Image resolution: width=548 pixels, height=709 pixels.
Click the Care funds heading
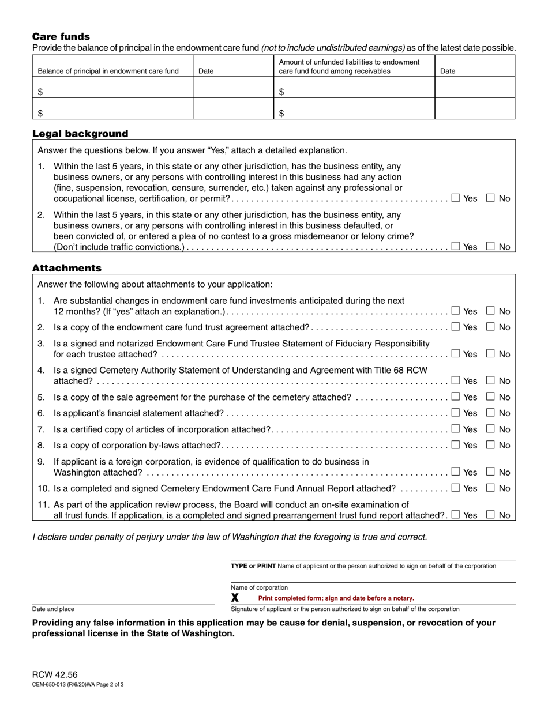[61, 36]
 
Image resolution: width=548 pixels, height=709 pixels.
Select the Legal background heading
[80, 134]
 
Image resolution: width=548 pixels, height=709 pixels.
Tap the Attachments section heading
[67, 268]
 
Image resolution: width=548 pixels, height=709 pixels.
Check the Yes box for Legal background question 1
[456, 198]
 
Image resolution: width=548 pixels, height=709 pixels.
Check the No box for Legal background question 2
[491, 246]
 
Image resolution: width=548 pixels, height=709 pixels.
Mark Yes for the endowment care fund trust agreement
[456, 327]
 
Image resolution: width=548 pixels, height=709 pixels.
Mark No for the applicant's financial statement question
[491, 413]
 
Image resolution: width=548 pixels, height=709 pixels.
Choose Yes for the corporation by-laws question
[456, 445]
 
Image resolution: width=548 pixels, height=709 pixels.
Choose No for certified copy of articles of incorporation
[491, 429]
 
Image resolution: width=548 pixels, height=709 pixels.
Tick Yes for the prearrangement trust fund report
[456, 515]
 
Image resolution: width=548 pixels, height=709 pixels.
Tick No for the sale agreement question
[491, 397]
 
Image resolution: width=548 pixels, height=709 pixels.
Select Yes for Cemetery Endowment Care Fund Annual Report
[456, 488]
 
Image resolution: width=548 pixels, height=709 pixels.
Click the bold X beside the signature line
[235, 598]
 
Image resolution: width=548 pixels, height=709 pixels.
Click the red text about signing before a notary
[336, 598]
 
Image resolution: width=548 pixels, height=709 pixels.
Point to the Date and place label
[53, 609]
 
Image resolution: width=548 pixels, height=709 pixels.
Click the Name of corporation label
[259, 587]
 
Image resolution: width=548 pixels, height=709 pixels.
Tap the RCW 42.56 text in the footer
[55, 675]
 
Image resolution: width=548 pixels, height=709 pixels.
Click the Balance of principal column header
[108, 71]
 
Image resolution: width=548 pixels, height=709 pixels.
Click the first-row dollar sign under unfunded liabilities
[281, 92]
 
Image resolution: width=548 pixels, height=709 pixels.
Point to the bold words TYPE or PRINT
[253, 566]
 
